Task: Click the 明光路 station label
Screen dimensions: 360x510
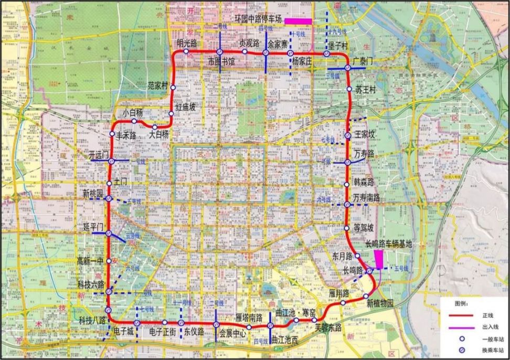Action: point(187,43)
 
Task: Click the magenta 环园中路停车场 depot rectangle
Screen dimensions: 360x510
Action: point(298,21)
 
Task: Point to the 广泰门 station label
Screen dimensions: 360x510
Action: point(363,61)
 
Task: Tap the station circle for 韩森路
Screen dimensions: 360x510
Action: point(346,185)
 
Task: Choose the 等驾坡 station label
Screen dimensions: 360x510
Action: point(364,228)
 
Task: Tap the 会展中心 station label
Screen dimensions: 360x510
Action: point(232,333)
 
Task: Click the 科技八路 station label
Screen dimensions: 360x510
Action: point(92,320)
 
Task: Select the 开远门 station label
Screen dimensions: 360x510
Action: point(99,155)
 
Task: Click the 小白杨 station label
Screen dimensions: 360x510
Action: point(133,113)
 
